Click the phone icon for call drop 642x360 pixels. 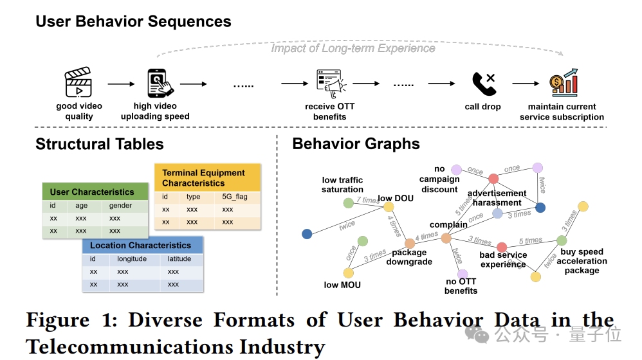(x=483, y=84)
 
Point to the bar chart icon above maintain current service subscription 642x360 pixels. (x=564, y=84)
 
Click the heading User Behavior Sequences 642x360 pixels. (x=133, y=21)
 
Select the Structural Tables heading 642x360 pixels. (x=100, y=144)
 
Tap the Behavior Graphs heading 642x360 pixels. (x=356, y=144)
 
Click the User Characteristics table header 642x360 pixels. (x=92, y=192)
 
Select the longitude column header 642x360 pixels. (x=132, y=259)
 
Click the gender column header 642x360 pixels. (x=120, y=206)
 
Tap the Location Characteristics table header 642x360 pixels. (x=140, y=245)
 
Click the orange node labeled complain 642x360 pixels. (x=446, y=239)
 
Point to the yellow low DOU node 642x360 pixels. (x=389, y=207)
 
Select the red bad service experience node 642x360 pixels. (x=502, y=247)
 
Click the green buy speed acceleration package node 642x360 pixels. (x=562, y=240)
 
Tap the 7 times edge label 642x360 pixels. (x=368, y=201)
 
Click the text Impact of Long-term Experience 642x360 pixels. (x=353, y=48)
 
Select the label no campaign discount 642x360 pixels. (x=439, y=179)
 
